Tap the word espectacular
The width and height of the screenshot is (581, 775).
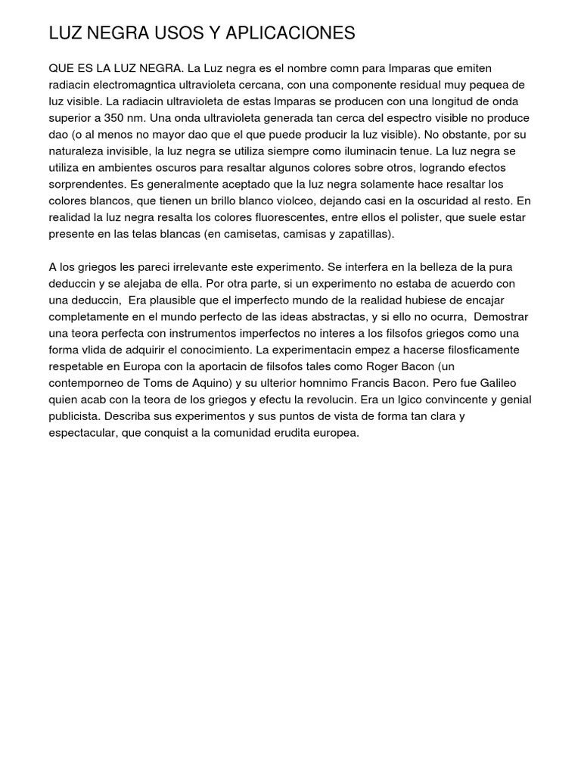tap(85, 433)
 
